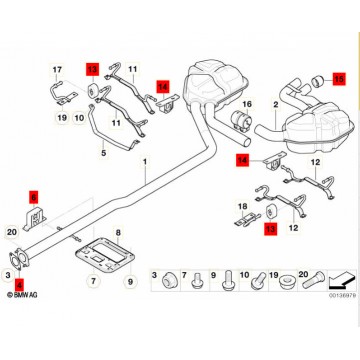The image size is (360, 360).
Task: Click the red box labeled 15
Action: pyautogui.click(x=337, y=77)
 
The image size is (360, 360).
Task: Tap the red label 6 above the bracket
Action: pyautogui.click(x=32, y=196)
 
